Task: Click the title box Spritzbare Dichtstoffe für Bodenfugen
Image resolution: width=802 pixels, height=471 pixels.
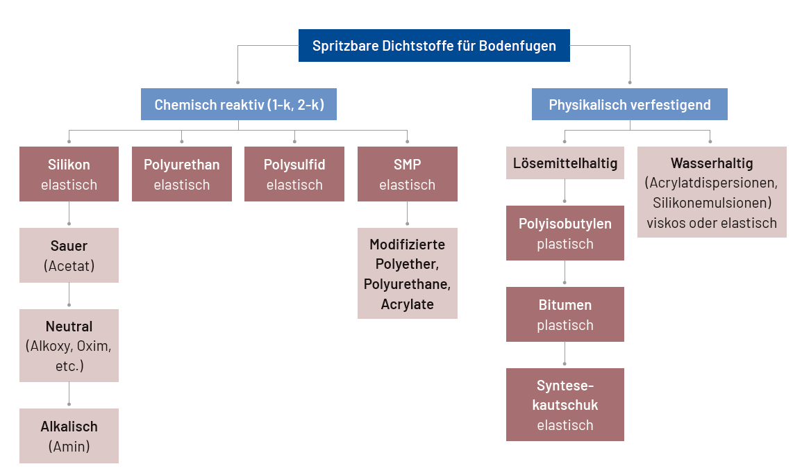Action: pos(434,46)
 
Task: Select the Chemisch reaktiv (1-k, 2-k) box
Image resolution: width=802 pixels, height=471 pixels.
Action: pos(239,105)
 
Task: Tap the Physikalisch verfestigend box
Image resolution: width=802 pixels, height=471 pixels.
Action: pos(630,105)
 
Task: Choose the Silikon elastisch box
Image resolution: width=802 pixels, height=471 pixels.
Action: pos(69,174)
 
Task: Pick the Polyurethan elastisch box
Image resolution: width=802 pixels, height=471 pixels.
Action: pos(182,174)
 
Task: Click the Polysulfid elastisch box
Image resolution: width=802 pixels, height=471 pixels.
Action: pos(294,174)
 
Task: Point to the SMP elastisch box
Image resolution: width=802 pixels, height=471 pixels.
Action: pos(408,174)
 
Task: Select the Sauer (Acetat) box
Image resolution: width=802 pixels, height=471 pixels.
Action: pos(69,256)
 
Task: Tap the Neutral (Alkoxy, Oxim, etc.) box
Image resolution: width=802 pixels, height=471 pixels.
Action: pos(69,345)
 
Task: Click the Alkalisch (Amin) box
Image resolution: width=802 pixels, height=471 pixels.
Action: pos(69,436)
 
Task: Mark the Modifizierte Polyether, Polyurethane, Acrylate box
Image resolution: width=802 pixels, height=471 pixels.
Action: pos(408,274)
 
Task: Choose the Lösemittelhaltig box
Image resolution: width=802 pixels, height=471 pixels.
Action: pos(565,163)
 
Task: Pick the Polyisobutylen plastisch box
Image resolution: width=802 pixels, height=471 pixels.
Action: pos(565,233)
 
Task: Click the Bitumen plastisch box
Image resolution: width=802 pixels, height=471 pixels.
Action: pos(565,315)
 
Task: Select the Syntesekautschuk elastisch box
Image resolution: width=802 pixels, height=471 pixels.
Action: pos(565,404)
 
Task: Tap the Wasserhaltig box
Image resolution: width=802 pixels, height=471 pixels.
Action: pos(712,192)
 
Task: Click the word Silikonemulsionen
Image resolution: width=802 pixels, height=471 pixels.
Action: pos(712,203)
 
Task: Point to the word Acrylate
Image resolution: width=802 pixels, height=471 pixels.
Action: pos(408,304)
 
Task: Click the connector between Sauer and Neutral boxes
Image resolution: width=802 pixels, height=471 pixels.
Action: pos(69,296)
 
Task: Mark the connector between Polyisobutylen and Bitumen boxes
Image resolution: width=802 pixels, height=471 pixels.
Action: pos(565,274)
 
